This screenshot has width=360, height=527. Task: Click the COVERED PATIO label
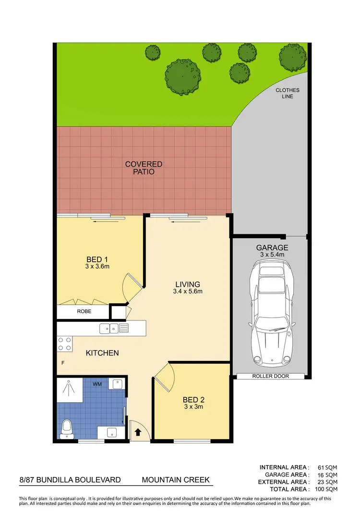point(144,168)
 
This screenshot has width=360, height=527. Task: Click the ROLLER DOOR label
point(271,376)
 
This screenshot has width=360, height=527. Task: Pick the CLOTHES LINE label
point(288,93)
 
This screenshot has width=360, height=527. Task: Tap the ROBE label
point(84,311)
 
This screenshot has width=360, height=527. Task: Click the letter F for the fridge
point(62,364)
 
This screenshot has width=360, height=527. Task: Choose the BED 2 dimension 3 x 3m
point(193,406)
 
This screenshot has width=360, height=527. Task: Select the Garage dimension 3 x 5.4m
point(272,254)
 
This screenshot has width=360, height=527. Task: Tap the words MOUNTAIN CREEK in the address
point(176,480)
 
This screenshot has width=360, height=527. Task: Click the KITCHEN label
point(102,353)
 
